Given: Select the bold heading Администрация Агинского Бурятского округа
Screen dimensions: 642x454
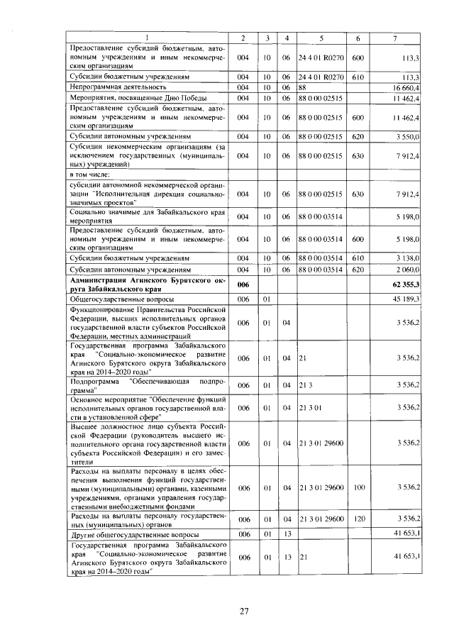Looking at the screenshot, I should [147, 284].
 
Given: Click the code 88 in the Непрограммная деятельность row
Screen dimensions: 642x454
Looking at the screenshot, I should [301, 87].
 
